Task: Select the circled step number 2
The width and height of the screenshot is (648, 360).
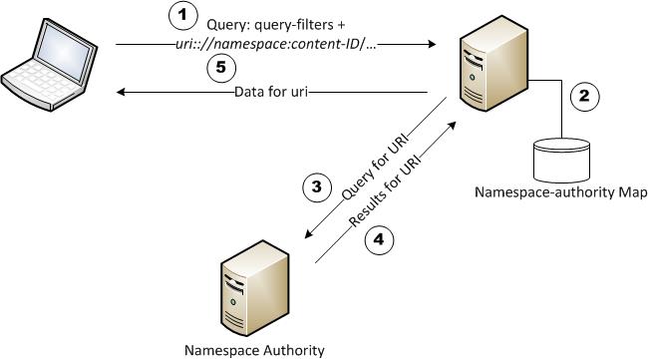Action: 584,97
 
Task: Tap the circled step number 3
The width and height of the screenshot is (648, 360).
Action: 315,186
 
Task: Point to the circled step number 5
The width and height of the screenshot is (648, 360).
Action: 222,68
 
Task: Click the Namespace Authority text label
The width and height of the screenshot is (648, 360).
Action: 254,350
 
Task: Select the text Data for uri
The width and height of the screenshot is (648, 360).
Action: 275,93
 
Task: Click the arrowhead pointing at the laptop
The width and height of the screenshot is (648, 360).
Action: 121,93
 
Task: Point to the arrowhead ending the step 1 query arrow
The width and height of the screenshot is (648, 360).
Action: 435,45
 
